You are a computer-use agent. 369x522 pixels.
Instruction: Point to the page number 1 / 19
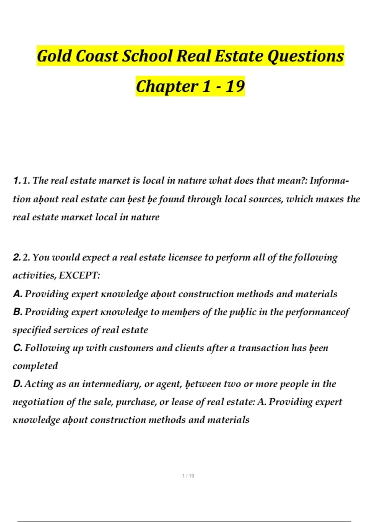[188, 476]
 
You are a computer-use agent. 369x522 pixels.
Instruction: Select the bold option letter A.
[18, 294]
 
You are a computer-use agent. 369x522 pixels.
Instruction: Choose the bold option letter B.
[18, 312]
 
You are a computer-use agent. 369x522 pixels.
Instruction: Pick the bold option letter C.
[18, 348]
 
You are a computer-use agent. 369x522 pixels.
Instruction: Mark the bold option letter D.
[18, 384]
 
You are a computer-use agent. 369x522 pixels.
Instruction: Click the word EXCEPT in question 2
[79, 275]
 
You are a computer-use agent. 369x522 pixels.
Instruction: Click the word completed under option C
[35, 366]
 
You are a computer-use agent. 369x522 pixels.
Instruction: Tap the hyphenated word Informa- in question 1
[329, 180]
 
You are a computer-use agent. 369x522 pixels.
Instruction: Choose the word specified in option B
[32, 330]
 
